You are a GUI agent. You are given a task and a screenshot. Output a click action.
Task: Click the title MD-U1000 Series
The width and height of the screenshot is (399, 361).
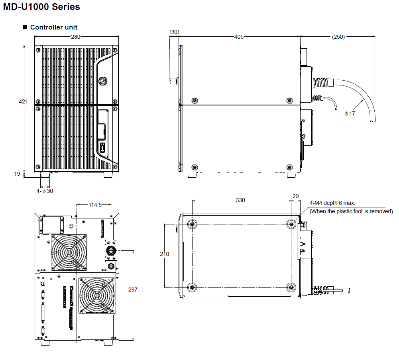41,7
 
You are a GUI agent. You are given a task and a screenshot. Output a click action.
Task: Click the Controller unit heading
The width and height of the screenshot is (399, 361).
54,27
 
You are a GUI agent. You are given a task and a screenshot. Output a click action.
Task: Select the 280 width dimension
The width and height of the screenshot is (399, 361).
75,37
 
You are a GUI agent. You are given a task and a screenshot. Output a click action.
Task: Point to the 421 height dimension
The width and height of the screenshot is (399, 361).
24,102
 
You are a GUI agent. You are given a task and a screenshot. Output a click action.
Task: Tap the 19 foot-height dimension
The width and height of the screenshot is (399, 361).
17,174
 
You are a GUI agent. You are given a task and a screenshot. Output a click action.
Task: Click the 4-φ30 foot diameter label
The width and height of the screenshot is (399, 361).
45,191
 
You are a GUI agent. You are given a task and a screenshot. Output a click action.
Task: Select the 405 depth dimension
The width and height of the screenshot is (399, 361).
239,37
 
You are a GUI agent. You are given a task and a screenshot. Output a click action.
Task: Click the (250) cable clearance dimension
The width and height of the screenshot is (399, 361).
338,37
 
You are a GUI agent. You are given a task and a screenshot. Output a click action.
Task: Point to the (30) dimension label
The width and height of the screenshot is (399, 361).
174,32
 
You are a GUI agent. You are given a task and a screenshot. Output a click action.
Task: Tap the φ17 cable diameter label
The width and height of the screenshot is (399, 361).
350,113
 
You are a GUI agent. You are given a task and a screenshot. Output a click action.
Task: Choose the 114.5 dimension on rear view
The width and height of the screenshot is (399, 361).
94,205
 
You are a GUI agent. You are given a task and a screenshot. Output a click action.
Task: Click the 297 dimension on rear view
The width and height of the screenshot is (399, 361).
132,289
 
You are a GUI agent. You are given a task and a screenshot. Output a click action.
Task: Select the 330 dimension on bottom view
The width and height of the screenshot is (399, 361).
240,200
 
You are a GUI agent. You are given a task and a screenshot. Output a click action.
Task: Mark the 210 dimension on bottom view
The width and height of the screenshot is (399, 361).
164,254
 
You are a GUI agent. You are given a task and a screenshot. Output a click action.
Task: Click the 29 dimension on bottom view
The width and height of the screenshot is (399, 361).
295,196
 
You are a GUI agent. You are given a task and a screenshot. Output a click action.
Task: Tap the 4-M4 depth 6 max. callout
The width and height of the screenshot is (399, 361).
332,203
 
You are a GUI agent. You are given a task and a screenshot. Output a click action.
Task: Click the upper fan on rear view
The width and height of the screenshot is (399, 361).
69,252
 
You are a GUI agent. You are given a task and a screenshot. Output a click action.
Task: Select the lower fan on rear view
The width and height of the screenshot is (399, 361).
97,295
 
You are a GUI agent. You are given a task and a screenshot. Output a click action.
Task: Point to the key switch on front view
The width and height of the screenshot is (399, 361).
102,80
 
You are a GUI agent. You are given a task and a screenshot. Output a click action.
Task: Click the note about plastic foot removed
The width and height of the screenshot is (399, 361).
351,211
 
